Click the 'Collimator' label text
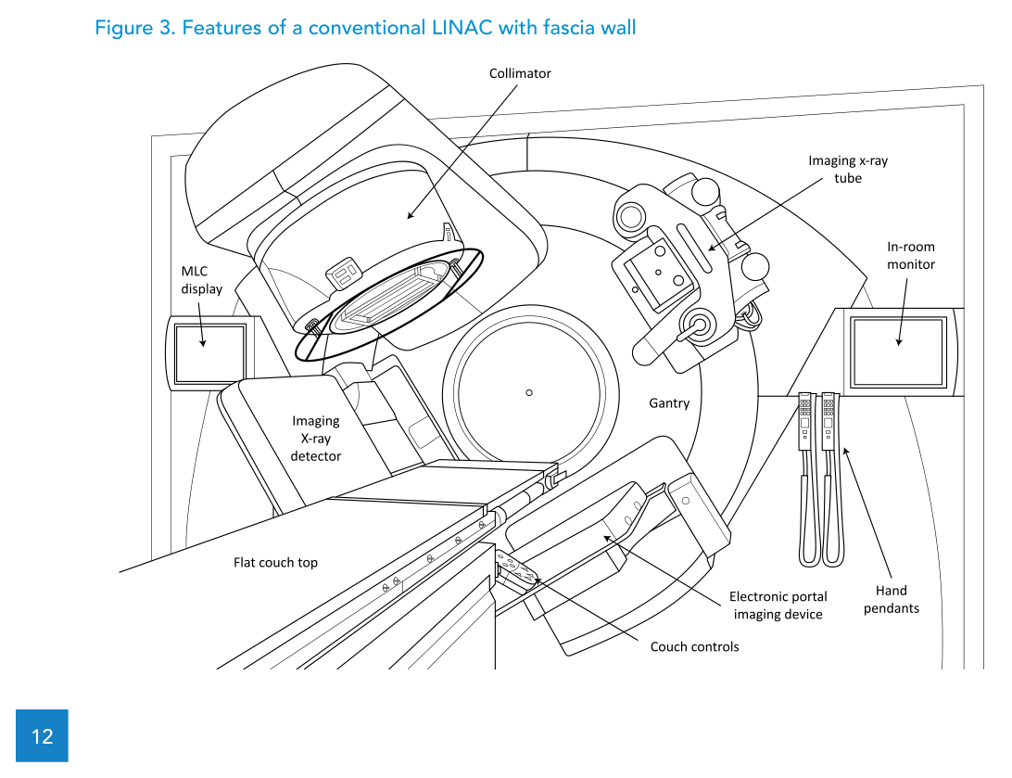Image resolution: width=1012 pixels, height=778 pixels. tap(520, 73)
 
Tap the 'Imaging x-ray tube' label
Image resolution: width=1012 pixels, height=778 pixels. tap(847, 169)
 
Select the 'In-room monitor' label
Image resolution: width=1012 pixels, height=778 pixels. tap(911, 255)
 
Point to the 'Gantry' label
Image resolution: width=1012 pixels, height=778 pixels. tap(668, 403)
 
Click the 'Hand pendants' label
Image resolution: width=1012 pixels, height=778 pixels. tap(892, 599)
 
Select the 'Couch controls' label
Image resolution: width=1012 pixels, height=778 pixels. tap(694, 646)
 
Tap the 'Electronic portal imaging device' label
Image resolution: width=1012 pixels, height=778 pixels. tap(778, 606)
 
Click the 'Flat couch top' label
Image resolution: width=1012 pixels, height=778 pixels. tap(275, 562)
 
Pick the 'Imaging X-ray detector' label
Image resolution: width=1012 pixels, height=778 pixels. tap(315, 439)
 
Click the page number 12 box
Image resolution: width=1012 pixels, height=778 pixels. tap(42, 736)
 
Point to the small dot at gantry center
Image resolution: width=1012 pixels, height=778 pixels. tap(529, 392)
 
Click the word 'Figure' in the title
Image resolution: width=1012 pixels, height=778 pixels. tap(123, 28)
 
